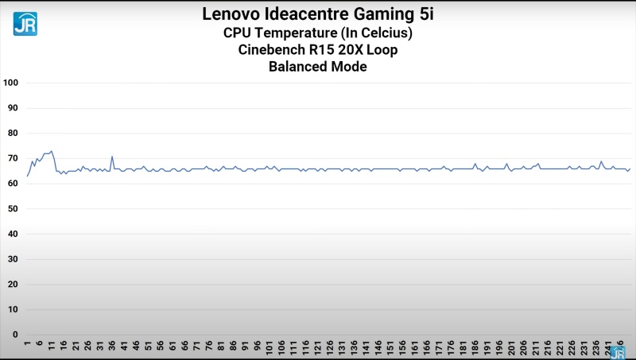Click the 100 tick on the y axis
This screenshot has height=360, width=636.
coord(10,83)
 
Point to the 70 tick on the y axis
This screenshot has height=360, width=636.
coord(12,158)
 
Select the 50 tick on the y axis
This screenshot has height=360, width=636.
coord(12,209)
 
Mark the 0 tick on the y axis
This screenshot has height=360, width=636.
coord(14,335)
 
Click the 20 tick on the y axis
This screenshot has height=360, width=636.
coord(12,285)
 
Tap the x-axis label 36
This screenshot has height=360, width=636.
coord(112,346)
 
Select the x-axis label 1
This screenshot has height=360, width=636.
coord(28,345)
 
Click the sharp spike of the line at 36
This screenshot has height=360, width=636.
coord(112,156)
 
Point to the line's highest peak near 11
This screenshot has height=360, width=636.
coord(52,150)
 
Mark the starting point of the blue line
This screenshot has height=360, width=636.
coord(27,176)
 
